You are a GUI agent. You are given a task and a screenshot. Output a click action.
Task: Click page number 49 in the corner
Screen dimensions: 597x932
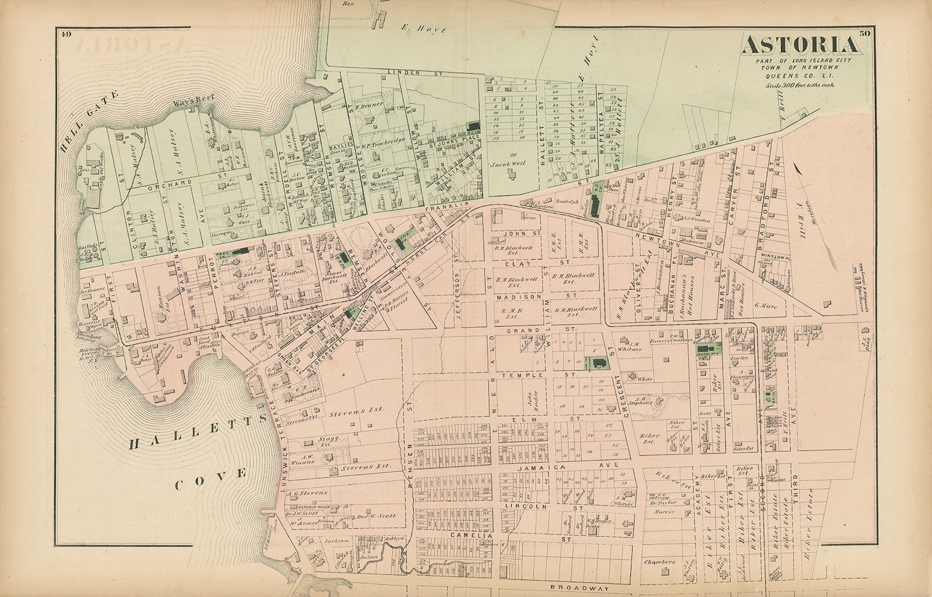pyautogui.click(x=65, y=34)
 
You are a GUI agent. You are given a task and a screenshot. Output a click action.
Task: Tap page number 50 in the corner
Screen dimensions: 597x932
pyautogui.click(x=864, y=34)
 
